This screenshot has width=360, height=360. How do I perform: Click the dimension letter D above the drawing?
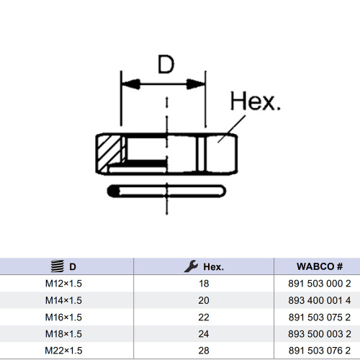166,64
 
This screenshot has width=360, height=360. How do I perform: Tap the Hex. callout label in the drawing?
255,101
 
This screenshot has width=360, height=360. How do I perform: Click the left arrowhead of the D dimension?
131,84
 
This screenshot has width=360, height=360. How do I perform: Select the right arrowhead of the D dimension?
196,84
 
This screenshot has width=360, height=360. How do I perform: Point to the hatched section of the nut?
109,153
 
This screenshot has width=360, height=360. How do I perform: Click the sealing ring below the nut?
166,191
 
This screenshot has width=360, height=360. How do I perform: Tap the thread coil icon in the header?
58,266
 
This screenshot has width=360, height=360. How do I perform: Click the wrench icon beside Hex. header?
191,266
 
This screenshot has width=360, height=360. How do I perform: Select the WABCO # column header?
320,266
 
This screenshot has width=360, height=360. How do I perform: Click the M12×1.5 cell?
63,284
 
